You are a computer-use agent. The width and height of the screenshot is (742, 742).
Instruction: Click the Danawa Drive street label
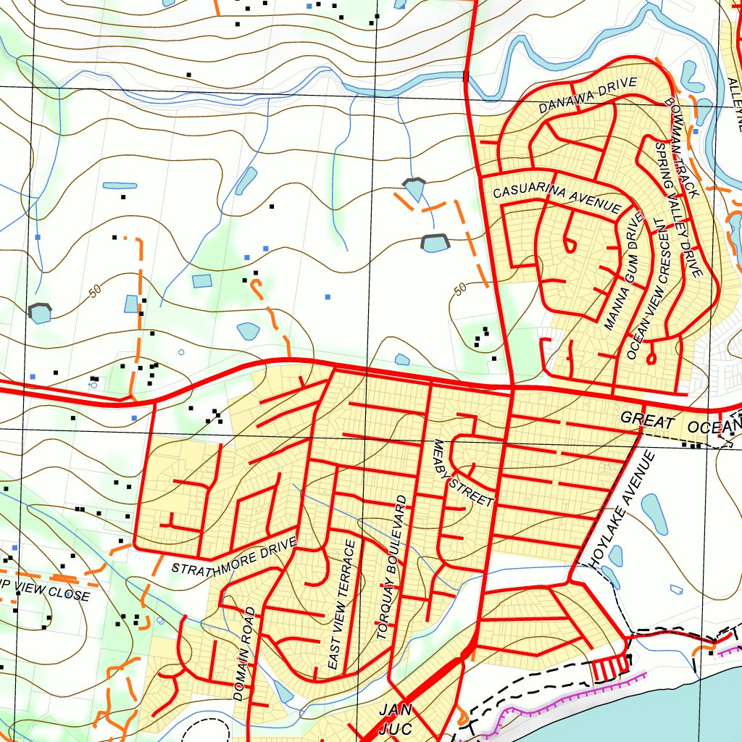point(588,96)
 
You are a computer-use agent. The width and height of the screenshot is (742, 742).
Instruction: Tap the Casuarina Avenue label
point(556,200)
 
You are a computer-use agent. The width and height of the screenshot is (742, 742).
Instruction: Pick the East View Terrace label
point(342,604)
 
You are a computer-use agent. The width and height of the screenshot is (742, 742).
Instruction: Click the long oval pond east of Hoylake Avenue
point(654,514)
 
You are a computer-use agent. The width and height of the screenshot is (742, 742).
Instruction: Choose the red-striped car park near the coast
point(609,669)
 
